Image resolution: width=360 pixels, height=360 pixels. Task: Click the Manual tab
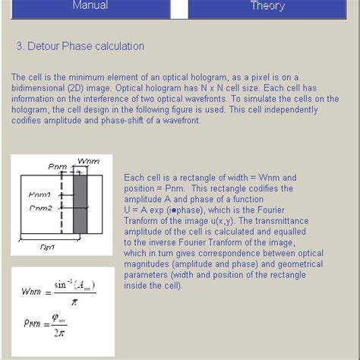pos(90,6)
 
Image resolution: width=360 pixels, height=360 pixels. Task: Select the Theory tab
pos(267,6)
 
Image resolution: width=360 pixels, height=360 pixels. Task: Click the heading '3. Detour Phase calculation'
pos(80,46)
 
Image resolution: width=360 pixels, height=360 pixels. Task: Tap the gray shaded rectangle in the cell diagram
pos(80,204)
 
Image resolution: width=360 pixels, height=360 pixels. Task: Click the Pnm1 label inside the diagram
pos(40,195)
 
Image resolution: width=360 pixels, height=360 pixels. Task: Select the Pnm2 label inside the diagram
pos(40,207)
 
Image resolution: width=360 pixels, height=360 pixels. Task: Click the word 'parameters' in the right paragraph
pos(147,275)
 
